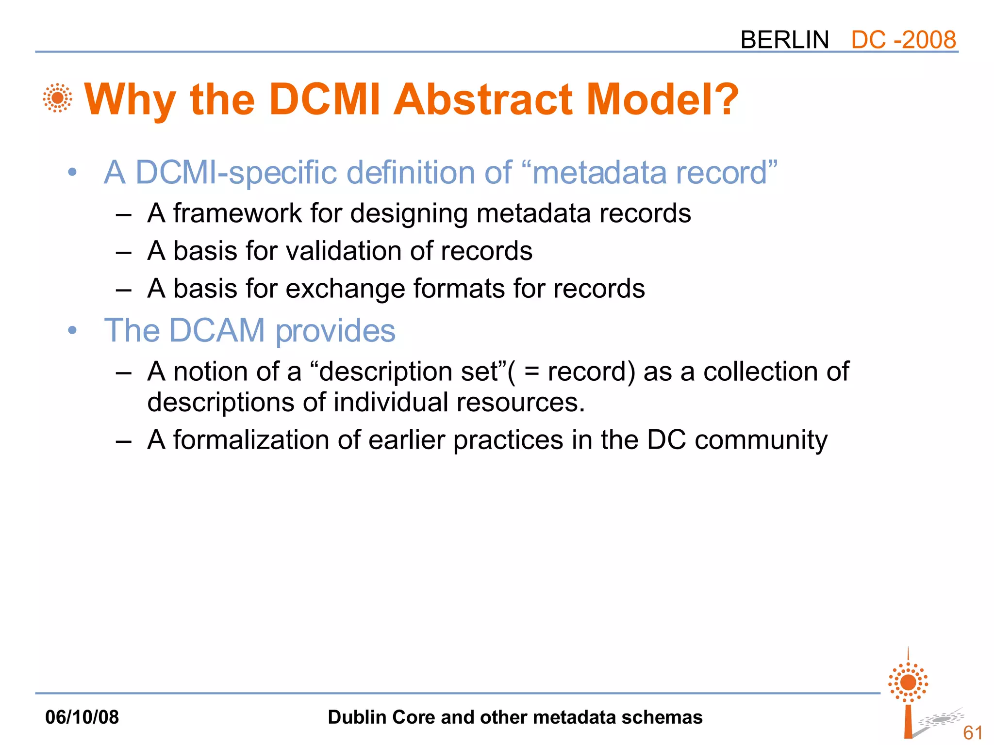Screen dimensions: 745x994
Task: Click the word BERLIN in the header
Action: click(x=784, y=40)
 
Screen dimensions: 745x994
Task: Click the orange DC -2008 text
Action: click(x=903, y=40)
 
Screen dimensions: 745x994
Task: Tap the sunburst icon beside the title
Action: click(x=57, y=98)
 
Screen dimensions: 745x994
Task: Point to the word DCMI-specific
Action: click(x=236, y=173)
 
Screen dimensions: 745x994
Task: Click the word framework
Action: click(x=237, y=213)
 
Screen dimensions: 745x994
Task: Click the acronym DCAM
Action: click(x=217, y=331)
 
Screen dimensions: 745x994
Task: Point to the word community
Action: click(x=761, y=440)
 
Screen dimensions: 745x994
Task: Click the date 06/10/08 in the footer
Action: click(x=82, y=717)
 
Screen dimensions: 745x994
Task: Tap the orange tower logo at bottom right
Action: click(x=909, y=694)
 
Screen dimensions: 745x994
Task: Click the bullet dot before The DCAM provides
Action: click(x=72, y=331)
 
